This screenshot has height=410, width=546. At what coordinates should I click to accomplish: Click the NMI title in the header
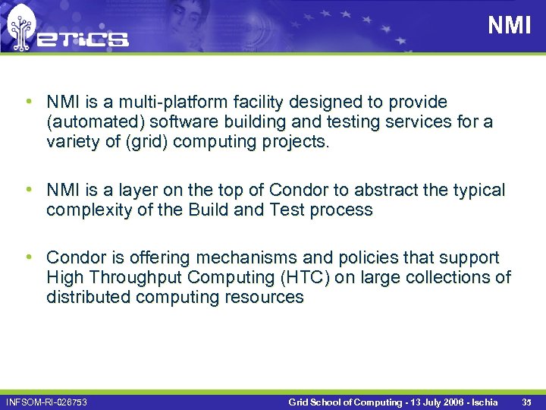point(509,26)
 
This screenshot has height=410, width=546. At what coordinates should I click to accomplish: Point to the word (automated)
point(89,121)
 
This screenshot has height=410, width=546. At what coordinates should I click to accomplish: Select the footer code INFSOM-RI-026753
point(46,401)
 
